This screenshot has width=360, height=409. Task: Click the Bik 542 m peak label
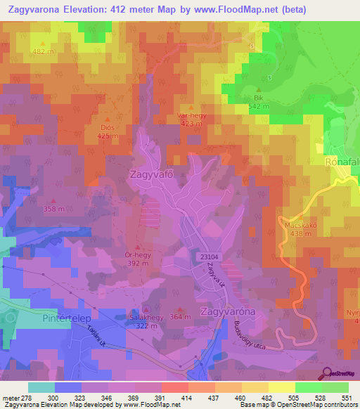pyautogui.click(x=258, y=102)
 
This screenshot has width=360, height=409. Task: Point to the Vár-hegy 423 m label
pyautogui.click(x=191, y=118)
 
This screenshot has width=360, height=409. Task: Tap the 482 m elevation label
pyautogui.click(x=43, y=52)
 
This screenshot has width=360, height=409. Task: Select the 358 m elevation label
pyautogui.click(x=53, y=209)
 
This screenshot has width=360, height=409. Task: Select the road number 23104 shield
pyautogui.click(x=209, y=258)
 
